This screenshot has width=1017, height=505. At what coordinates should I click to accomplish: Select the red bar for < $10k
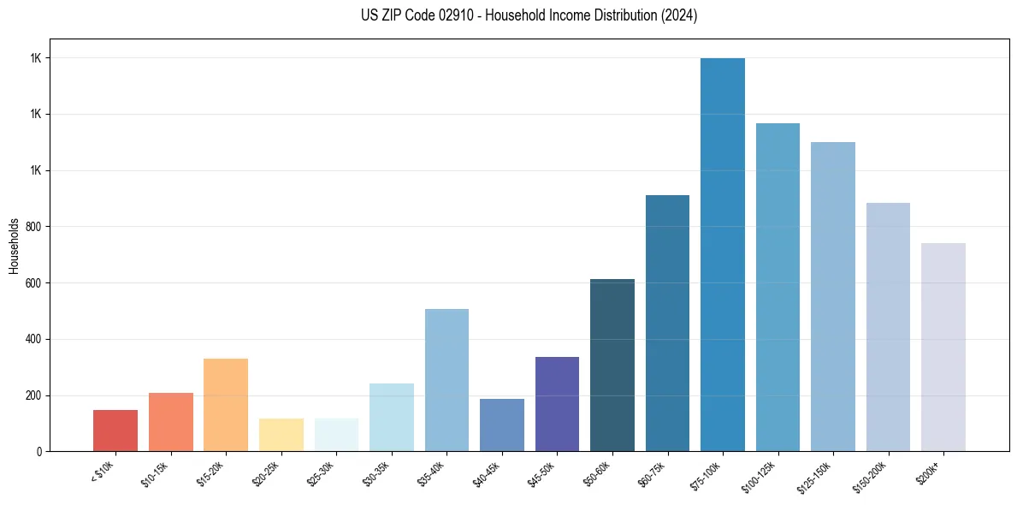(x=115, y=431)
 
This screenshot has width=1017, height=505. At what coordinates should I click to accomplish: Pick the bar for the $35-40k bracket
(x=446, y=380)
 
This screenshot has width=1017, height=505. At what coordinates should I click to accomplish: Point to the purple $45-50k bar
(x=557, y=404)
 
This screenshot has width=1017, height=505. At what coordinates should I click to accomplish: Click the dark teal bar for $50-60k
(x=612, y=365)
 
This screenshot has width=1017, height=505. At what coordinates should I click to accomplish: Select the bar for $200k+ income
(x=943, y=347)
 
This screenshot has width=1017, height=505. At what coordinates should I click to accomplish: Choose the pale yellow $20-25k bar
(x=281, y=435)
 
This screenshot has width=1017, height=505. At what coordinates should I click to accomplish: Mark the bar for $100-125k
(x=778, y=287)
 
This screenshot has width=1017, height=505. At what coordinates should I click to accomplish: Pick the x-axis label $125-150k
(x=816, y=475)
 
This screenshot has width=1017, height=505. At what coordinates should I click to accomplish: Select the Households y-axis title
(x=14, y=246)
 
